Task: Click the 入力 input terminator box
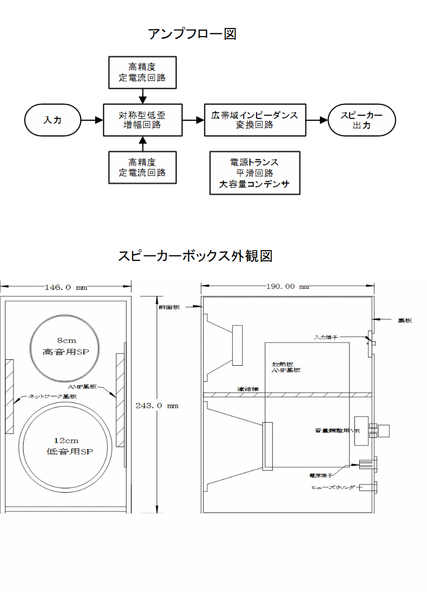click(x=53, y=120)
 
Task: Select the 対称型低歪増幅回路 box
click(x=142, y=120)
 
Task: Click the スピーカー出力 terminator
click(x=362, y=120)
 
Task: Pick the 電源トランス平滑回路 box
click(x=254, y=173)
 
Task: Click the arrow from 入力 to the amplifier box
click(x=92, y=120)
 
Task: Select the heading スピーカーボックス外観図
click(x=195, y=256)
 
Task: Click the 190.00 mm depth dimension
click(x=288, y=287)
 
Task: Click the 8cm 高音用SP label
click(x=65, y=346)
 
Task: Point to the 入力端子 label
click(x=326, y=337)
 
